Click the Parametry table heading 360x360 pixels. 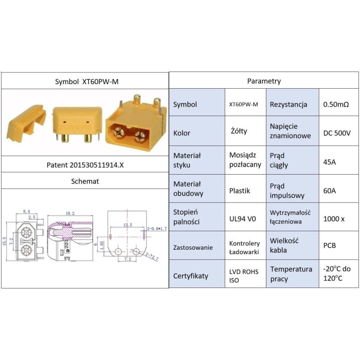point(264,81)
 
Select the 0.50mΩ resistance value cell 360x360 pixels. point(335,104)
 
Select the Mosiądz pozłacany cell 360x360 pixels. point(245,160)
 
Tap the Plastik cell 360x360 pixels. point(239,190)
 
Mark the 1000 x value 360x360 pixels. point(334,219)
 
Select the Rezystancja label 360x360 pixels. point(288,104)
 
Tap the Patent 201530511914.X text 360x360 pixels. point(85,165)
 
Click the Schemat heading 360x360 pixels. point(85,181)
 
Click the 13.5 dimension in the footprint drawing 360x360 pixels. point(128,224)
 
